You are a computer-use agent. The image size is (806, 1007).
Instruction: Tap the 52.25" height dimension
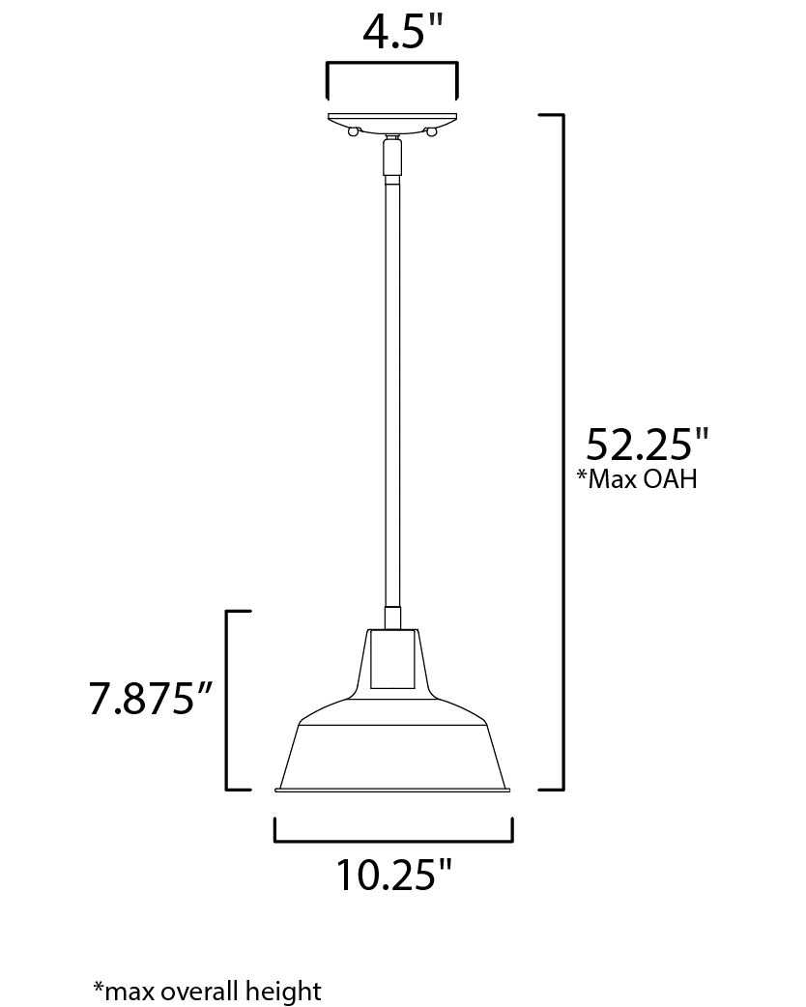point(648,446)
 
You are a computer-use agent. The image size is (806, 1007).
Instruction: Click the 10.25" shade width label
point(393,875)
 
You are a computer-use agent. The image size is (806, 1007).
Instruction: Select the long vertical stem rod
point(392,387)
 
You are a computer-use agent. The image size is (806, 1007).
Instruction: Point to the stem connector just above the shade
point(392,619)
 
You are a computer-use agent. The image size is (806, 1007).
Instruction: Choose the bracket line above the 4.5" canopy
point(392,66)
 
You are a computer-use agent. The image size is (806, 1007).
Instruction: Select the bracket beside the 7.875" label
point(228,701)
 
